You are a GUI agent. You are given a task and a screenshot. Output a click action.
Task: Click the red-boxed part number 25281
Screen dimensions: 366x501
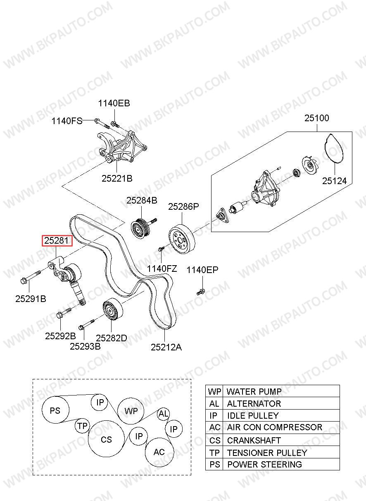(x=57, y=241)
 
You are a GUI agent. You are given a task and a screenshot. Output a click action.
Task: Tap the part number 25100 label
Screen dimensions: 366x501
(x=317, y=118)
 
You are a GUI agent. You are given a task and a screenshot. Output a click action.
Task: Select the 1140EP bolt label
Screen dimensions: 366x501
(x=202, y=270)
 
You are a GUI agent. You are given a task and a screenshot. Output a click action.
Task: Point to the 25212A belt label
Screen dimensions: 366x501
(x=166, y=348)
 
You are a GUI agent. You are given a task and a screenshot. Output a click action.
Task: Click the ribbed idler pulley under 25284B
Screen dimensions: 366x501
(x=141, y=228)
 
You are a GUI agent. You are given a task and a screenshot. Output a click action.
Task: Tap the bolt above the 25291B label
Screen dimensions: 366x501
(x=31, y=276)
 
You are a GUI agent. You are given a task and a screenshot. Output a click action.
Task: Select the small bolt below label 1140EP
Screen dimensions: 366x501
(x=201, y=292)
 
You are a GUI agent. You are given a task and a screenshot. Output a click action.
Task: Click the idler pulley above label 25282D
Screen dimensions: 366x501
(x=112, y=309)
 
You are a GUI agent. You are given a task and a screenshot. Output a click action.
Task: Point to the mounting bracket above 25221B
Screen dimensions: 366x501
(x=123, y=147)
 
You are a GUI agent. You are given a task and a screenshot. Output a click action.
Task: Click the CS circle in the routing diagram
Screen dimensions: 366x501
(x=106, y=439)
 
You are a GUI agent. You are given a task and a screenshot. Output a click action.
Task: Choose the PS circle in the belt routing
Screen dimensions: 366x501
(x=56, y=410)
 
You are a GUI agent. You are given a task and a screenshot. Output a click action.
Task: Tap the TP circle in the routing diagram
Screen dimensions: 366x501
(x=82, y=426)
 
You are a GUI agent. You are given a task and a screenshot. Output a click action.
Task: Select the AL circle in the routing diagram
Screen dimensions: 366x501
(x=163, y=414)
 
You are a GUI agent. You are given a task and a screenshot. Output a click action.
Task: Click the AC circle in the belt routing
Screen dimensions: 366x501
(x=159, y=452)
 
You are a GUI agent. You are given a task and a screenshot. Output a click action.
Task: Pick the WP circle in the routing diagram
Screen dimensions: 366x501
(x=131, y=411)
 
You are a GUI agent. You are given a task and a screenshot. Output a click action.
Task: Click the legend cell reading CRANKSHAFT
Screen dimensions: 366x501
(x=281, y=440)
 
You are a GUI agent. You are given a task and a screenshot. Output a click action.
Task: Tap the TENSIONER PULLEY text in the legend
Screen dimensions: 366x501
(x=267, y=453)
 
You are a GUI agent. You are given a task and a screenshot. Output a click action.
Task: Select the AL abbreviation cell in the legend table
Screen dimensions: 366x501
(x=214, y=403)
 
